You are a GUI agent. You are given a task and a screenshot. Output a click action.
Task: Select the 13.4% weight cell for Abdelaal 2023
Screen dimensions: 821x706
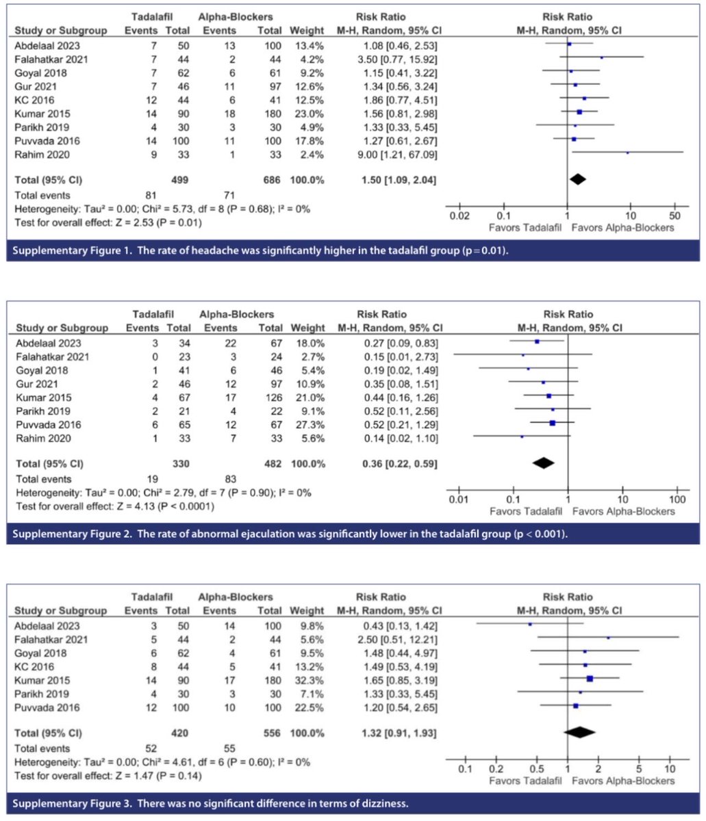coord(302,46)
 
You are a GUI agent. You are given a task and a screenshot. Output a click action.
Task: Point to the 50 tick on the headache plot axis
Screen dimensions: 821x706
coord(674,216)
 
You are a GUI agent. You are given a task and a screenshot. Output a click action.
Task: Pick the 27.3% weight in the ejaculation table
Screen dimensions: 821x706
coord(302,423)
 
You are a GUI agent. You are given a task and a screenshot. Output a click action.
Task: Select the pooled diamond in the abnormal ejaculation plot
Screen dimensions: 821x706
coord(543,462)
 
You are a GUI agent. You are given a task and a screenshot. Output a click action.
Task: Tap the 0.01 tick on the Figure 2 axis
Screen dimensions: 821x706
coord(458,500)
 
